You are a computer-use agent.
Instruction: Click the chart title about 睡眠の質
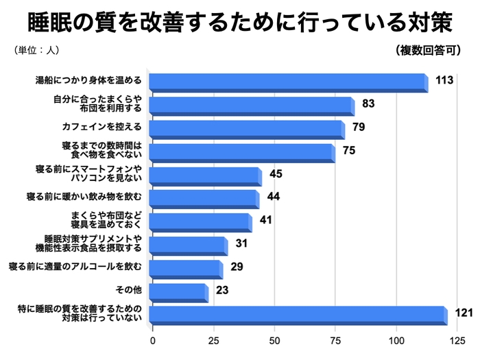(239, 22)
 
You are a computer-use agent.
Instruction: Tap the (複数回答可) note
(427, 50)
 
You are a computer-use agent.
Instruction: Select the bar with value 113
(288, 82)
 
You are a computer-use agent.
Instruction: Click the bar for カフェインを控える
(246, 128)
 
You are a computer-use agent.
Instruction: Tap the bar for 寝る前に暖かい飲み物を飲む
(204, 199)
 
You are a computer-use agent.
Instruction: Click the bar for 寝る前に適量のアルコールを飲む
(185, 268)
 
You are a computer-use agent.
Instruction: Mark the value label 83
(368, 104)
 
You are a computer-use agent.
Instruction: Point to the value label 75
(348, 151)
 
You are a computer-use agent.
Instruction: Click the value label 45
(276, 174)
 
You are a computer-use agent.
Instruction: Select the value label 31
(241, 244)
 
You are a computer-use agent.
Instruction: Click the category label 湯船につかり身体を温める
(88, 80)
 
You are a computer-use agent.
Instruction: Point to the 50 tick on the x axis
(274, 341)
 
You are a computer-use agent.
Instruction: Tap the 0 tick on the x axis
(152, 341)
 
